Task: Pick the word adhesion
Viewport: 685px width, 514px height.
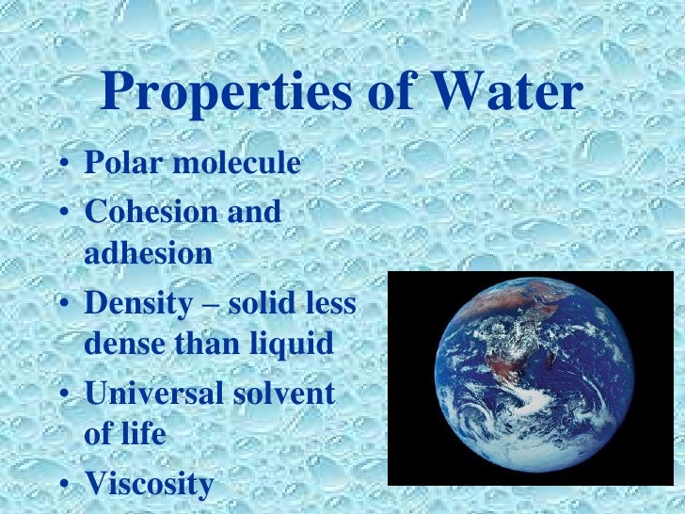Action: click(149, 253)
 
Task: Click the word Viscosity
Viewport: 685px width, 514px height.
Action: click(149, 484)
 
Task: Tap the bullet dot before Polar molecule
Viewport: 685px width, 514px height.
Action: click(62, 167)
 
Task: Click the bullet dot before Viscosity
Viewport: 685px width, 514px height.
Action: click(62, 487)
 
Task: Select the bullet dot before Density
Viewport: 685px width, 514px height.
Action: click(62, 306)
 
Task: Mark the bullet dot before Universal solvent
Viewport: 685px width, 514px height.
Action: click(62, 394)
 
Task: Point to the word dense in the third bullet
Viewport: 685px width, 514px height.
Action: click(119, 345)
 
